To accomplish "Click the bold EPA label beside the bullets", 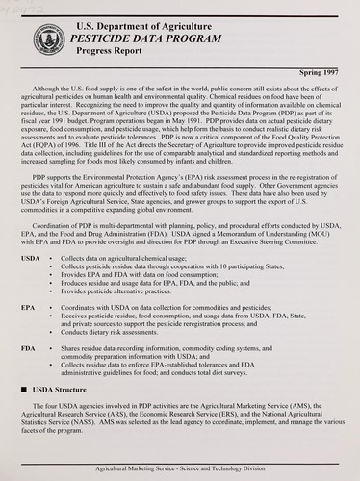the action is (x=28, y=305).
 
